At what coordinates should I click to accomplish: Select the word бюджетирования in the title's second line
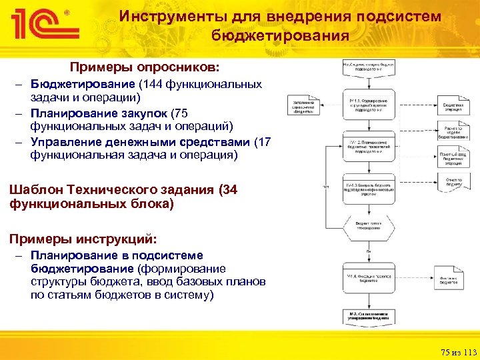pos(280,36)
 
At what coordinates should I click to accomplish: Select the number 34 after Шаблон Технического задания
pos(229,190)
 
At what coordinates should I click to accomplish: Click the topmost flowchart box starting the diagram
pos(369,67)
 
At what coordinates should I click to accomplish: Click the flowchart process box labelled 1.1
pos(369,103)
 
